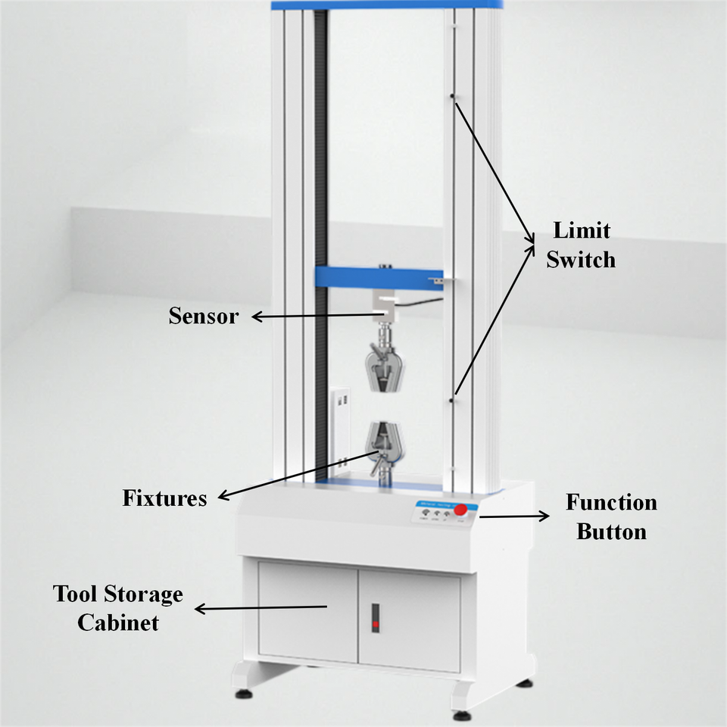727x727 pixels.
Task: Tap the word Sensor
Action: click(203, 316)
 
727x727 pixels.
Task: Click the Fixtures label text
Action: click(164, 498)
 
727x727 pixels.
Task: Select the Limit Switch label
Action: click(581, 245)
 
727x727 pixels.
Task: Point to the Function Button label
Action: click(611, 516)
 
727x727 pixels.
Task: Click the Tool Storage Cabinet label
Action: click(118, 608)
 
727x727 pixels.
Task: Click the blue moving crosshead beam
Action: click(379, 278)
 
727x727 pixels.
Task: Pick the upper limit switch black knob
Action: click(452, 96)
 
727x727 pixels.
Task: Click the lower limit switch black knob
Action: click(451, 399)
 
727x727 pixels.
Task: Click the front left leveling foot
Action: click(245, 692)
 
